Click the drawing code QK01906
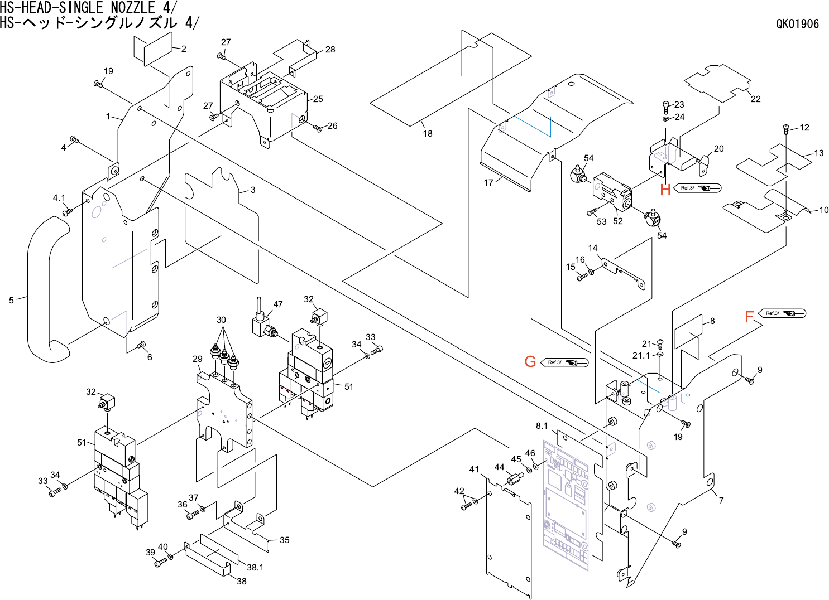pyautogui.click(x=798, y=24)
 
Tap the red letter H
pyautogui.click(x=665, y=190)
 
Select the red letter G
pyautogui.click(x=530, y=361)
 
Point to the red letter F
pyautogui.click(x=749, y=317)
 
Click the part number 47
pyautogui.click(x=277, y=304)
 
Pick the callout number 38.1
pyautogui.click(x=255, y=567)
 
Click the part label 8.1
pyautogui.click(x=542, y=426)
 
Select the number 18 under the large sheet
pyautogui.click(x=428, y=133)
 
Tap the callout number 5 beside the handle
pyautogui.click(x=11, y=300)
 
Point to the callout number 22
pyautogui.click(x=755, y=99)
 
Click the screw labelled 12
pyautogui.click(x=787, y=129)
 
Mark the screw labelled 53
pyautogui.click(x=592, y=212)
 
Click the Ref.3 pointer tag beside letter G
pyautogui.click(x=565, y=362)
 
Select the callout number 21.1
pyautogui.click(x=641, y=356)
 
